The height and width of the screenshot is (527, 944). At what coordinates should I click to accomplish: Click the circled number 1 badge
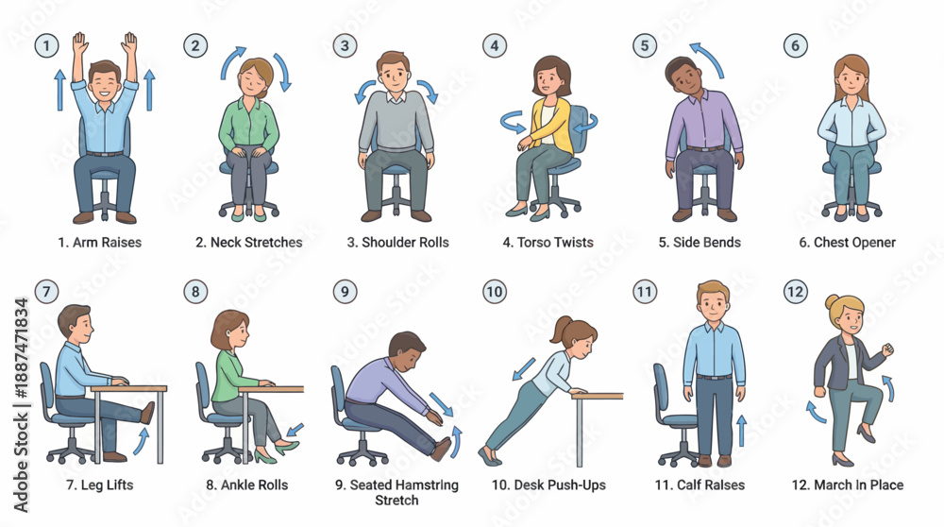(x=46, y=45)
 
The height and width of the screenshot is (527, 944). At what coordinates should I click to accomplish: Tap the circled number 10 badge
(x=495, y=292)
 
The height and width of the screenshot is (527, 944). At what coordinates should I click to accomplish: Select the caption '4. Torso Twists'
(x=548, y=242)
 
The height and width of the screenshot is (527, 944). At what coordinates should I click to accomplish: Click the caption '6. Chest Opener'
(x=847, y=242)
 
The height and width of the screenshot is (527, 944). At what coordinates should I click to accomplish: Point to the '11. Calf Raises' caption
(x=700, y=484)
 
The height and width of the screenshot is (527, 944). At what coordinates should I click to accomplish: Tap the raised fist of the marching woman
(x=886, y=349)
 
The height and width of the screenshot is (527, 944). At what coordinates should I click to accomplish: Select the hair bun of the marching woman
(x=832, y=301)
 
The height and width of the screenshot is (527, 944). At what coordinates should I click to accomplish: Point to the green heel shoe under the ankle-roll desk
(x=287, y=447)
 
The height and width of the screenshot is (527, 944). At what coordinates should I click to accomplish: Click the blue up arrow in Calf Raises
(x=742, y=430)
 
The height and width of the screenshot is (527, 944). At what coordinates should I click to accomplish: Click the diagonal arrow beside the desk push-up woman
(x=524, y=368)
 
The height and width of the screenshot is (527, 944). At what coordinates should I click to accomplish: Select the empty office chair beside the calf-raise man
(x=673, y=416)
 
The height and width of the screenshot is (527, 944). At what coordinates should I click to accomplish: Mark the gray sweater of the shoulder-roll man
(x=396, y=122)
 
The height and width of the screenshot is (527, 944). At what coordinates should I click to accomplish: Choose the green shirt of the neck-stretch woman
(x=248, y=125)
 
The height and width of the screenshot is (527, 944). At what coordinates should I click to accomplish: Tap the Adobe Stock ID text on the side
(x=21, y=405)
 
